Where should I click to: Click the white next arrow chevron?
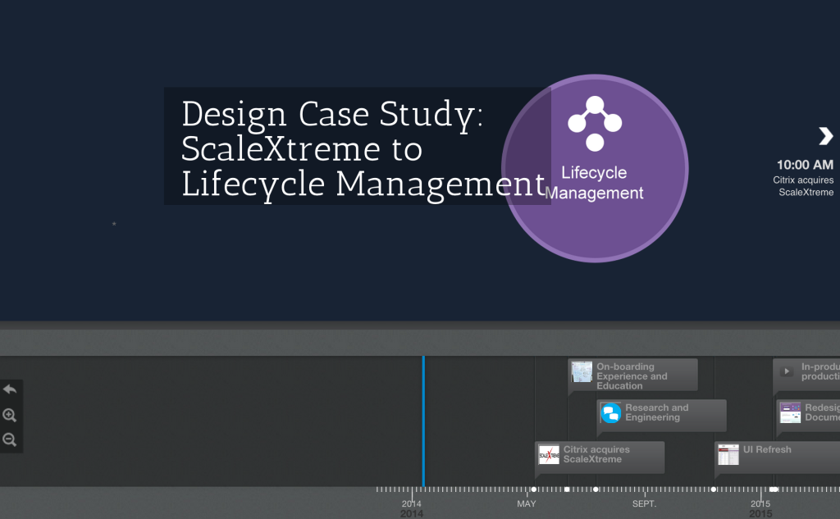pos(825,136)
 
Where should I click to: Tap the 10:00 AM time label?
pos(805,165)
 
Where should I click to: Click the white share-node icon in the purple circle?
pos(595,124)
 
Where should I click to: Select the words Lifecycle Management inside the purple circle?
pos(594,183)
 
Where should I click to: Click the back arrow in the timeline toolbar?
pos(10,389)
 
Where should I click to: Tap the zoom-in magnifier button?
pos(10,415)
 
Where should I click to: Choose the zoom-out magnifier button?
pos(10,439)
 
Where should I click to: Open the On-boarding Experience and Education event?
pos(632,376)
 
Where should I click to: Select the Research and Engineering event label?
pos(656,412)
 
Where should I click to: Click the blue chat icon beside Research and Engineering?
pos(611,413)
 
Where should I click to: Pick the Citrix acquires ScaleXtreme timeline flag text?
pos(596,454)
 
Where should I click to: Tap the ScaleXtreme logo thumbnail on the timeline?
pos(549,455)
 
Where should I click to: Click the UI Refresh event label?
pos(767,449)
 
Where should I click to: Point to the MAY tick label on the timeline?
pos(527,503)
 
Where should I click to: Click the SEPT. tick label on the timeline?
pos(644,503)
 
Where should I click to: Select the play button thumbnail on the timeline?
pos(787,371)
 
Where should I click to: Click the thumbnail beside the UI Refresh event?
pos(728,455)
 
